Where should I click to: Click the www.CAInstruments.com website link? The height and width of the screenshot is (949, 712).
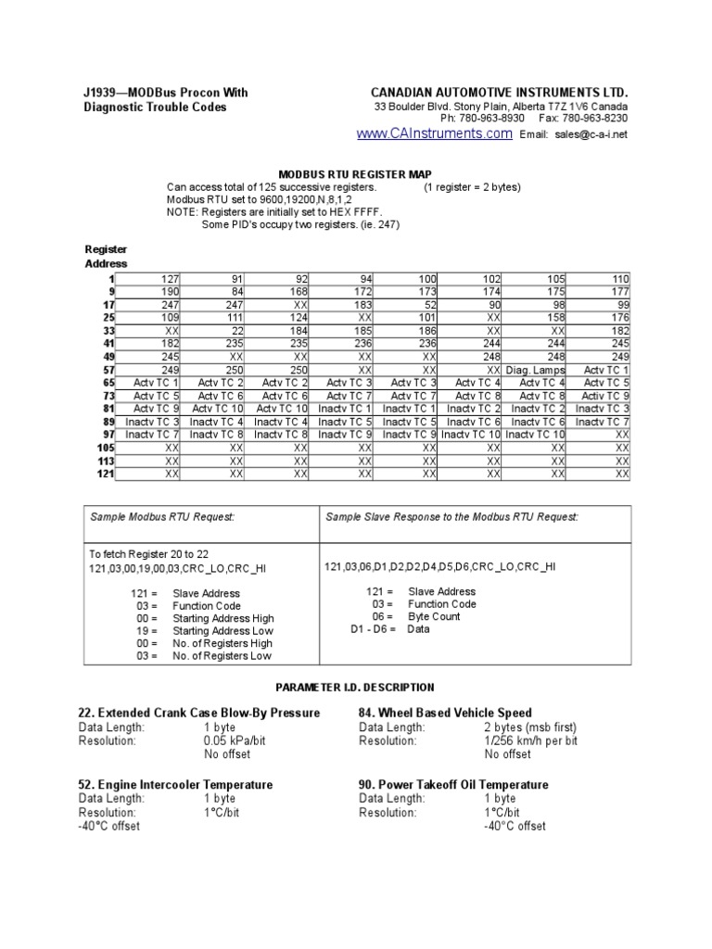434,134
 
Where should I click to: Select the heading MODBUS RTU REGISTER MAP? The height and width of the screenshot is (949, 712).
355,173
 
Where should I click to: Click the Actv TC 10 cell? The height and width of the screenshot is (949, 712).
218,409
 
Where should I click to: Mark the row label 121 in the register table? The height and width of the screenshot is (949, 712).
105,474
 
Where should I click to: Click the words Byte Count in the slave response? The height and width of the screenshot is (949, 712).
435,616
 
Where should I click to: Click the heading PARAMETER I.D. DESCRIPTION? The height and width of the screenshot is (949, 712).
355,688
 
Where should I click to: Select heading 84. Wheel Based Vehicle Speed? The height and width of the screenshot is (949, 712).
445,713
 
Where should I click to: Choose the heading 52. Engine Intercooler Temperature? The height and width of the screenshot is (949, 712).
174,784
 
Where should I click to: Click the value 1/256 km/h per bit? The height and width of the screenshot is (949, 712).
530,741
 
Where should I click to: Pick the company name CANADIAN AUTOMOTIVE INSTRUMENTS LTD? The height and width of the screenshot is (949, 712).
499,93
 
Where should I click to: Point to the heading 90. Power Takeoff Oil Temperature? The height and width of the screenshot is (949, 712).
453,784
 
